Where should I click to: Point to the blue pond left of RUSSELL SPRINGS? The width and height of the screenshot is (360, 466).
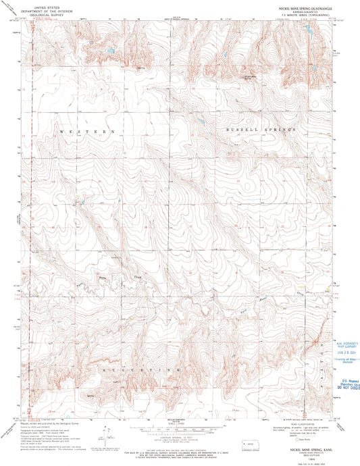(201, 122)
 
